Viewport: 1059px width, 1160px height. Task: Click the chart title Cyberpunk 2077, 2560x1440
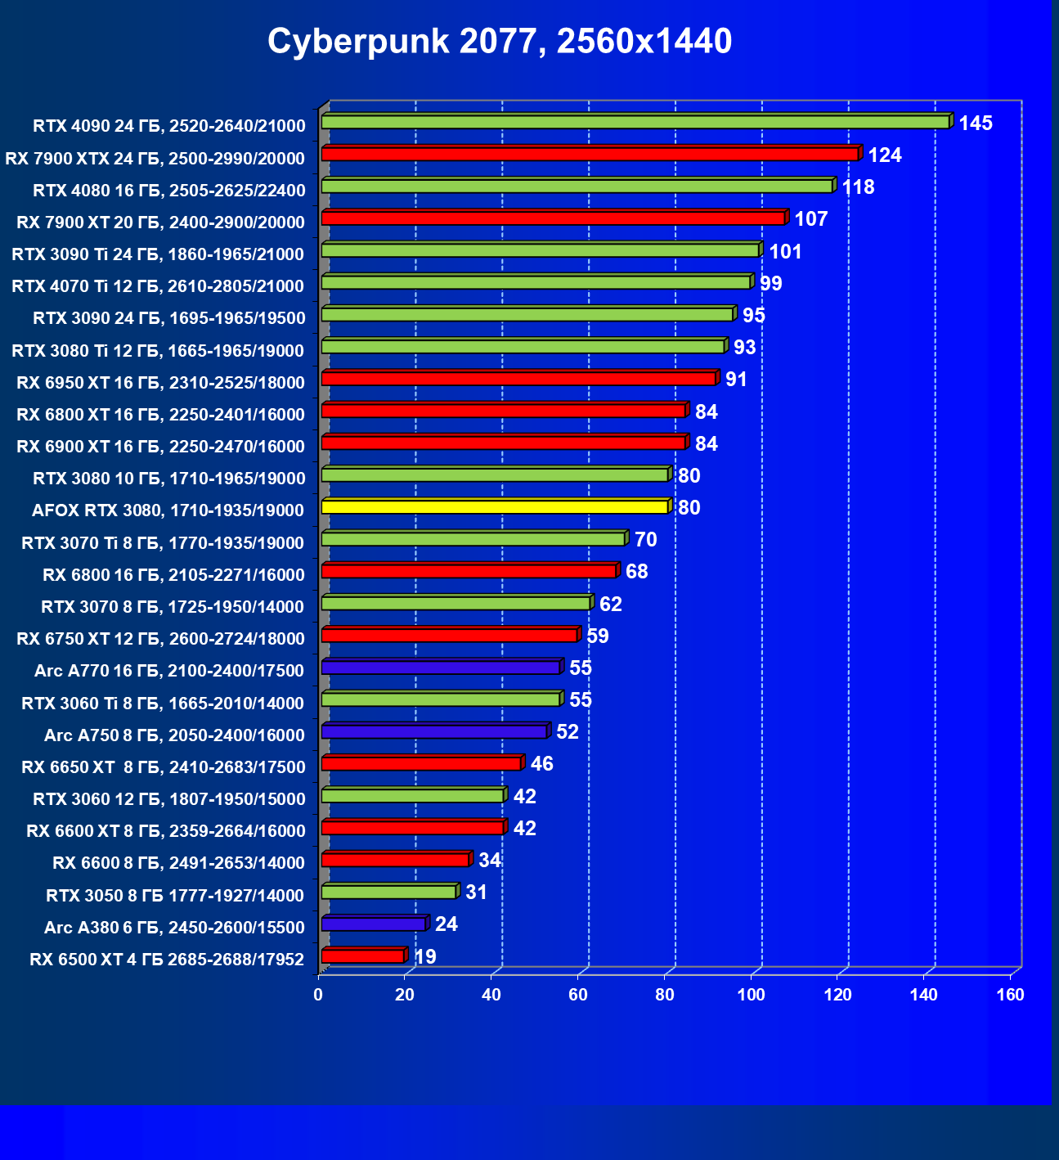pos(500,41)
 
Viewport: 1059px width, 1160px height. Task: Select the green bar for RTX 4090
pos(635,122)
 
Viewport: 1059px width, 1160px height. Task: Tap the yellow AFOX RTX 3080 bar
pos(495,507)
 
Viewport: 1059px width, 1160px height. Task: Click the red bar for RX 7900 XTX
pos(590,154)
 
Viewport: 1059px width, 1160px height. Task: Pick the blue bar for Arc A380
pos(374,924)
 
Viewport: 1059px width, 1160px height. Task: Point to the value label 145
pos(976,124)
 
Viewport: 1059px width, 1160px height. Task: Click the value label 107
pos(811,219)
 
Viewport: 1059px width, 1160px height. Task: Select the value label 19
pos(425,956)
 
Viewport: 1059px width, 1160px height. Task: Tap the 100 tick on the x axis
pos(751,995)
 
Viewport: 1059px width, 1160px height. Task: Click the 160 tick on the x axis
pos(1011,995)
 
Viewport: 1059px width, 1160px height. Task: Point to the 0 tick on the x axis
pos(318,995)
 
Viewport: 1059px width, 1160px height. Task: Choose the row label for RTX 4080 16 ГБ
pos(169,191)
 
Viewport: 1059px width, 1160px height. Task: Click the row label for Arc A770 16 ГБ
pos(169,671)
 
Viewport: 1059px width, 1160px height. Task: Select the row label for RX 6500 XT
pos(167,960)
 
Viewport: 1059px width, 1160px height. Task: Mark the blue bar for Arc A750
pos(434,731)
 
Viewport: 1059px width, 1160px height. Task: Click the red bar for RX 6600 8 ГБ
pos(395,860)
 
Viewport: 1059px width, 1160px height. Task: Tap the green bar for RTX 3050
pos(388,892)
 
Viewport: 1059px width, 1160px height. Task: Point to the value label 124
pos(885,155)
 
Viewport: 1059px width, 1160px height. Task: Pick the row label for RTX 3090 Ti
pos(158,254)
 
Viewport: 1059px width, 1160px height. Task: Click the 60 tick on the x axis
pos(578,995)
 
